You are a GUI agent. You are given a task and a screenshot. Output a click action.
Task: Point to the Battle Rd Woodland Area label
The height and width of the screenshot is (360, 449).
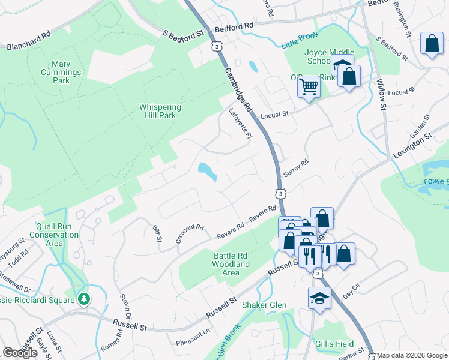coord(231,264)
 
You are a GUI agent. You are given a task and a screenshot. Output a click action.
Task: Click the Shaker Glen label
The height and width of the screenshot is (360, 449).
coord(264,305)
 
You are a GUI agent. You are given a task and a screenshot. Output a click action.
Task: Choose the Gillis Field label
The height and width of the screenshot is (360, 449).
coord(333,344)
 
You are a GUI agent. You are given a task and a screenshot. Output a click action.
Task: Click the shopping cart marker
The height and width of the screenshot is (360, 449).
coord(309,86)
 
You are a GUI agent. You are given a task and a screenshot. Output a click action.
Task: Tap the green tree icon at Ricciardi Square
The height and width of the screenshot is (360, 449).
coord(85,299)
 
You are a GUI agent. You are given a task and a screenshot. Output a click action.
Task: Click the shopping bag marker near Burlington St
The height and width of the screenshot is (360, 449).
coord(432,43)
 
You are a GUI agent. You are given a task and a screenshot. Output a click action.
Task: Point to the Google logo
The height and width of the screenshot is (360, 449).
coord(19,353)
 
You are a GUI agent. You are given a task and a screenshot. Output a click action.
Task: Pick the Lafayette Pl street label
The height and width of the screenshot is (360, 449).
coord(239,124)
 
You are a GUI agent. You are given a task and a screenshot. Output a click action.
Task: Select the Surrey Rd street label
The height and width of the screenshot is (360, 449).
coord(295,167)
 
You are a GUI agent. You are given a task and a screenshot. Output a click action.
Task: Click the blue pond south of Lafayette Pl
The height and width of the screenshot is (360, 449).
coord(208,172)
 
